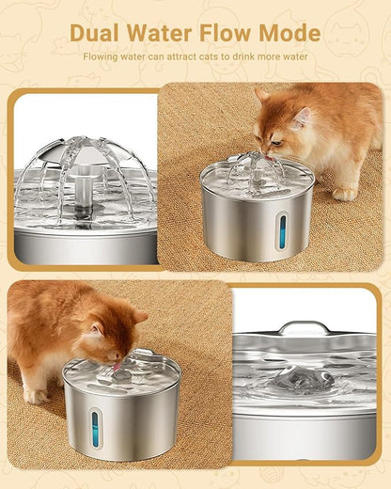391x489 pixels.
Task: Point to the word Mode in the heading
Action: [290, 33]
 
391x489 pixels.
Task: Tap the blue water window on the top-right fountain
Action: [280, 231]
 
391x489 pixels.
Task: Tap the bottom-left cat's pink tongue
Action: [117, 370]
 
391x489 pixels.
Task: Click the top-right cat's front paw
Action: [344, 193]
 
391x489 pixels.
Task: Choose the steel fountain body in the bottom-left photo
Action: [141, 418]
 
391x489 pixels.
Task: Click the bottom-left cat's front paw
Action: [38, 396]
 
